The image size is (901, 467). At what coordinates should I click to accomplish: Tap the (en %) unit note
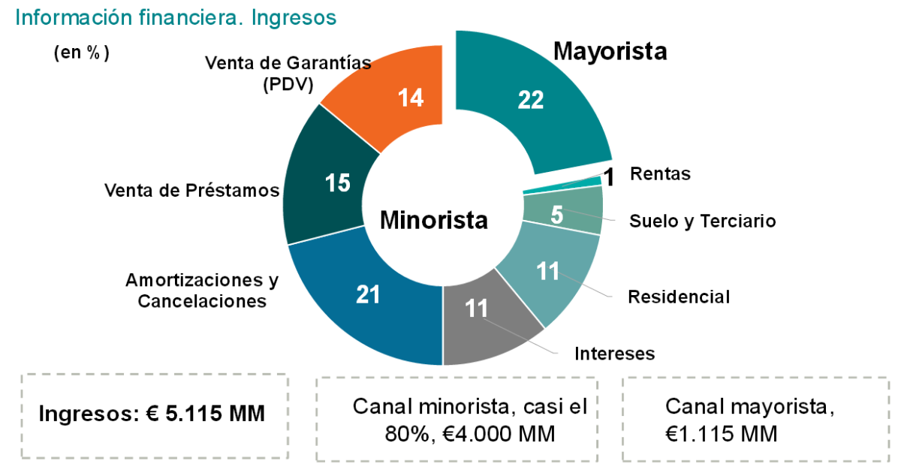(82, 53)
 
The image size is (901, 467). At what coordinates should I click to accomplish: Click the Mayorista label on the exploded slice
(610, 51)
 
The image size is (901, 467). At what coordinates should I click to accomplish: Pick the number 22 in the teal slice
(530, 100)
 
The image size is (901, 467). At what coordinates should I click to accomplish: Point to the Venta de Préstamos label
(191, 191)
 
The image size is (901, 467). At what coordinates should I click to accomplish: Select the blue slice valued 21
(360, 300)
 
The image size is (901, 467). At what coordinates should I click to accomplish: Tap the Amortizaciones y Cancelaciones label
(201, 291)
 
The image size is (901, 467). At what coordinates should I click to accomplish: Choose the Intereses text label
(614, 354)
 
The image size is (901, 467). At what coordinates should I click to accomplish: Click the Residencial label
(679, 297)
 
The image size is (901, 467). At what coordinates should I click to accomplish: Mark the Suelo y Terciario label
(702, 221)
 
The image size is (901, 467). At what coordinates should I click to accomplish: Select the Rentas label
(660, 174)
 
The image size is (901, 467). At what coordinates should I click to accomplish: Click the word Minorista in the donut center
(433, 220)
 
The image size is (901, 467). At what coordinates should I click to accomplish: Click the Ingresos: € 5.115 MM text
(151, 414)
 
